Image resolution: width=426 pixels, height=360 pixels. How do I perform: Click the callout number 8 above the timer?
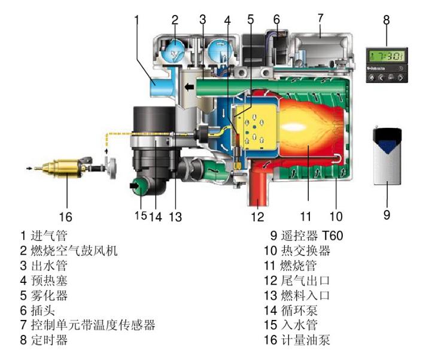387,19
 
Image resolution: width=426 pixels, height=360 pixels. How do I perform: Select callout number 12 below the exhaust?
257,216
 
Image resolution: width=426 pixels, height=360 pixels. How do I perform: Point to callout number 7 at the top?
320,18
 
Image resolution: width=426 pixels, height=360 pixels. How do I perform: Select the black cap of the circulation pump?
153,119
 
